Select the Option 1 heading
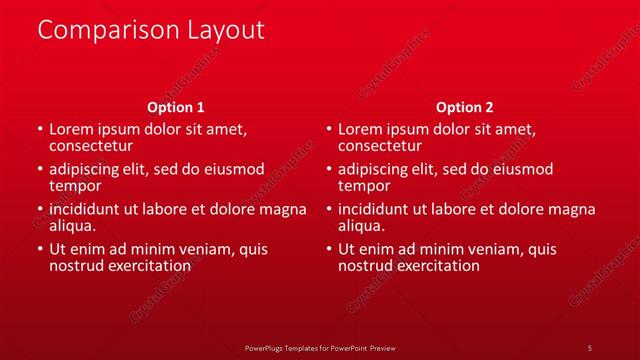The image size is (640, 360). pos(176,107)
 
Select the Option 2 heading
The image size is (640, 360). pos(465,107)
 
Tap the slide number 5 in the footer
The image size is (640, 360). pos(589,347)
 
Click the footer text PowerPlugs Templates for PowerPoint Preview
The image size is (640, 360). pos(320,347)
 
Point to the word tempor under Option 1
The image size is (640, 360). pos(75,185)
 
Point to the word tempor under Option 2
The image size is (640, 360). pos(364,185)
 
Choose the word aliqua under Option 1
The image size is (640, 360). pos(72,226)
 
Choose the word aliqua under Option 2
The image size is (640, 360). pos(361,226)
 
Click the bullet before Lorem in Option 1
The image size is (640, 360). pos(39,130)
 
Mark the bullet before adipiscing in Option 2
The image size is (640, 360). pos(328,170)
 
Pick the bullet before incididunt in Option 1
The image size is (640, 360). pos(39,210)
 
